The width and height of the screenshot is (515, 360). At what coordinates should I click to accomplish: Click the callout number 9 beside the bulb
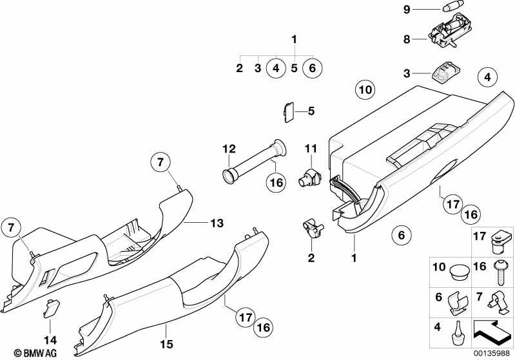coord(407,9)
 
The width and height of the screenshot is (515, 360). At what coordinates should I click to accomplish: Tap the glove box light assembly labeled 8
coord(451,30)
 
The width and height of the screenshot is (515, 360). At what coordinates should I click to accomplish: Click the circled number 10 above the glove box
coord(365,90)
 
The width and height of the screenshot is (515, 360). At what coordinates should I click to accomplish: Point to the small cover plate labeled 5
coord(288,113)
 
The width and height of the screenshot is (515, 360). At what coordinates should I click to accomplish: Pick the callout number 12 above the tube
coord(229,149)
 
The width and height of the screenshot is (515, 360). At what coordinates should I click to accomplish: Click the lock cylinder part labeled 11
coord(309,177)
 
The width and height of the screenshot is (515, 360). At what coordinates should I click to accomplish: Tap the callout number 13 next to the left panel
coord(217,223)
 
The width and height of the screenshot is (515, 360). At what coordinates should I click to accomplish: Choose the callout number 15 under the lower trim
coord(166,345)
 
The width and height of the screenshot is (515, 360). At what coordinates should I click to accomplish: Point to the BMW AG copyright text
coord(35,354)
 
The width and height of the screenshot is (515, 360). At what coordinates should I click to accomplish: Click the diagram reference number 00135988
coord(491,354)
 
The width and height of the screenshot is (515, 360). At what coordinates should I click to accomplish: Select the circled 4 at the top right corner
coord(487,77)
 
